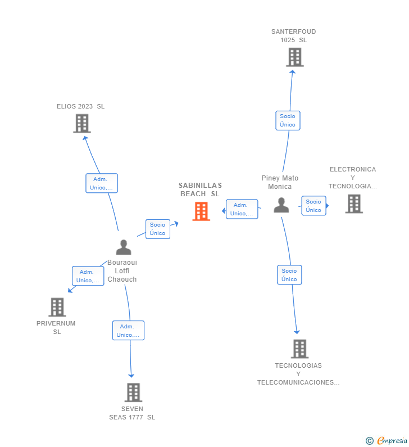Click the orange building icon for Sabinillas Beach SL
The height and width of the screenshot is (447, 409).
201,211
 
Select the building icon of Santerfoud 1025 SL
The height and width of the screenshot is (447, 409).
294,57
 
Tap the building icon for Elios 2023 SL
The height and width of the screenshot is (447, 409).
82,123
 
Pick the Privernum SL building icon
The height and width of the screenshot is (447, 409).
57,307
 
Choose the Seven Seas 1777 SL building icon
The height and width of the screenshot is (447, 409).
133,392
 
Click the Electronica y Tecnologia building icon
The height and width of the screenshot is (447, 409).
353,204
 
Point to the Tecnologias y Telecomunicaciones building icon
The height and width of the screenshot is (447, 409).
299,349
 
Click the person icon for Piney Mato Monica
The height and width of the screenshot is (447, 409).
281,205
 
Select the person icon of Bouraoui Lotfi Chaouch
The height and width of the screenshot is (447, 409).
123,247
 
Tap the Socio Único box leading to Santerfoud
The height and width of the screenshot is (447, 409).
288,120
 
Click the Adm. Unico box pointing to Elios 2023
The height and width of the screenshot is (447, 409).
102,183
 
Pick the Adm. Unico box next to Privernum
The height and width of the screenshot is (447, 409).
88,276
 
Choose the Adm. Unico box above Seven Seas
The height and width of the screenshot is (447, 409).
128,331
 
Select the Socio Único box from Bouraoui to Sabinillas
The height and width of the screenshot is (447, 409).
158,229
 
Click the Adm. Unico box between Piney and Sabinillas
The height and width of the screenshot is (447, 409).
242,209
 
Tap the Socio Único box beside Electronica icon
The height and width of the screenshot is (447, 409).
313,206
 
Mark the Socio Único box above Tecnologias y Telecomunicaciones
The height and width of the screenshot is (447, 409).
289,275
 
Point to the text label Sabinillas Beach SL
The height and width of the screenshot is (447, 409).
200,189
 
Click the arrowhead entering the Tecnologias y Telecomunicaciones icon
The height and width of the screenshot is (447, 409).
297,332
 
